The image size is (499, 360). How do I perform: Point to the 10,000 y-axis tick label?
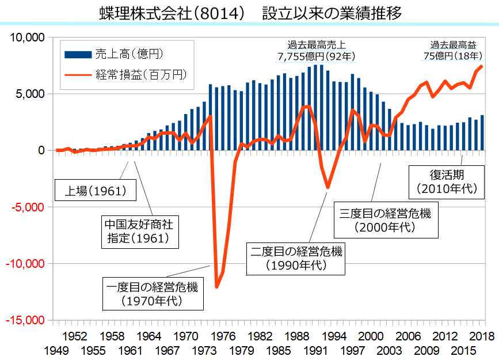pos(26,37)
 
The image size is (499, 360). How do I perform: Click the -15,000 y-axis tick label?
pos(25,320)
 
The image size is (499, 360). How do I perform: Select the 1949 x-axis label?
pos(58,350)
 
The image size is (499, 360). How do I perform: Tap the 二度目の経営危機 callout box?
pos(296,257)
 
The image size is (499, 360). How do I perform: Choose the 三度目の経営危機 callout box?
pos(385,220)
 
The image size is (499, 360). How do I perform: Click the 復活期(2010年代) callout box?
pos(445,180)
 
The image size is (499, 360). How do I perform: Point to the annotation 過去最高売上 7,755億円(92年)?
pos(318,51)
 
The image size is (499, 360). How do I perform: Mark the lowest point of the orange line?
pos(216,286)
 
